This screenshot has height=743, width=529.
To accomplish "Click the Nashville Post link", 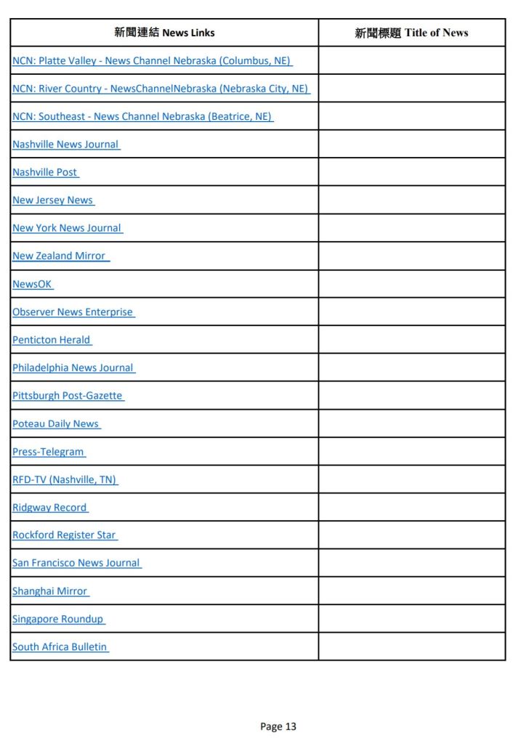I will tap(44, 172).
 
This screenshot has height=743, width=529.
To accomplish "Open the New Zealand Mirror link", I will tap(59, 256).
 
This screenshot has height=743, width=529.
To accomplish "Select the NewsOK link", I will tap(32, 284).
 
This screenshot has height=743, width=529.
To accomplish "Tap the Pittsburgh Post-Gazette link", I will tap(67, 396).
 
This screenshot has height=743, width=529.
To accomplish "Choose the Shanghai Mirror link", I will tap(49, 591).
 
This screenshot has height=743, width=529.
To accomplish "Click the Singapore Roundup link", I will tap(57, 619).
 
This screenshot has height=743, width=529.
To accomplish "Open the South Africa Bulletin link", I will tap(60, 646).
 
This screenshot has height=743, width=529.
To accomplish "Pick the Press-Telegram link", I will tap(48, 452).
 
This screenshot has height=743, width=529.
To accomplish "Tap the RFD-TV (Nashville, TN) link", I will tap(64, 479).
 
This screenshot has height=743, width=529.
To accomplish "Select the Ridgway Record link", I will tap(49, 508).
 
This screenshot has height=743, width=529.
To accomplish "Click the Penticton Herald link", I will tap(51, 340).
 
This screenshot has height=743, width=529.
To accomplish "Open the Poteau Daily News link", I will tap(55, 423).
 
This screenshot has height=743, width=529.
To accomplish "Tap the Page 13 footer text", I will tap(278, 726).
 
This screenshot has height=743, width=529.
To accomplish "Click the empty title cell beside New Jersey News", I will tap(411, 200).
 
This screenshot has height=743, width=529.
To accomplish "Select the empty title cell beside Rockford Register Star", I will tap(411, 535).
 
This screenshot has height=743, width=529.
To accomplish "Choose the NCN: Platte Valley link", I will tap(151, 61).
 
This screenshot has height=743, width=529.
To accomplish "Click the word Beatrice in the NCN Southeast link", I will tap(232, 116).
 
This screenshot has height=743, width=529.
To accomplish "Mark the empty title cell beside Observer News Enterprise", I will tap(411, 312).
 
